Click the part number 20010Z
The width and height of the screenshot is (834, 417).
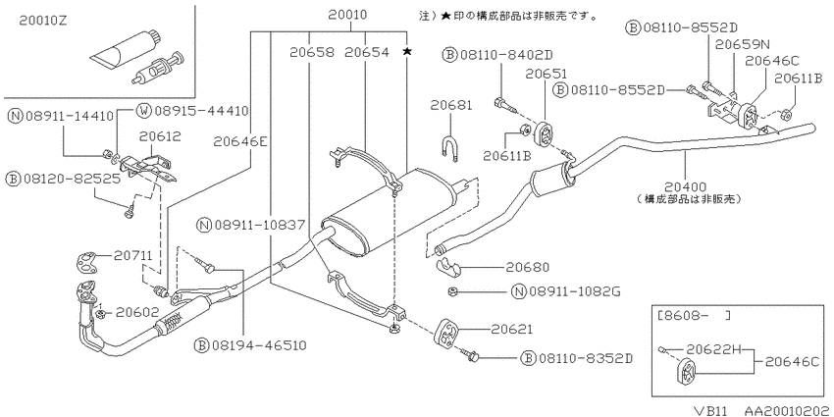pos(43,21)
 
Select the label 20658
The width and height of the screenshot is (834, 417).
pos(312,52)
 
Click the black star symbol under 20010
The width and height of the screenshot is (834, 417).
pos(407,51)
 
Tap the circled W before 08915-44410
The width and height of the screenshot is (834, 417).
pos(143,111)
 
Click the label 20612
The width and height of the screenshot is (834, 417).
pos(160,136)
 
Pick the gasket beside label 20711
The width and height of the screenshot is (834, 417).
pos(88,261)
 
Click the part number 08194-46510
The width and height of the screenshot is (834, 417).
pos(257,345)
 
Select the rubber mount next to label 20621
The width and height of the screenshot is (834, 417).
pos(445,334)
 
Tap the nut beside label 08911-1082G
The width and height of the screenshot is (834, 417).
pos(452,291)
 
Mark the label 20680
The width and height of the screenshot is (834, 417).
pos(528,268)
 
